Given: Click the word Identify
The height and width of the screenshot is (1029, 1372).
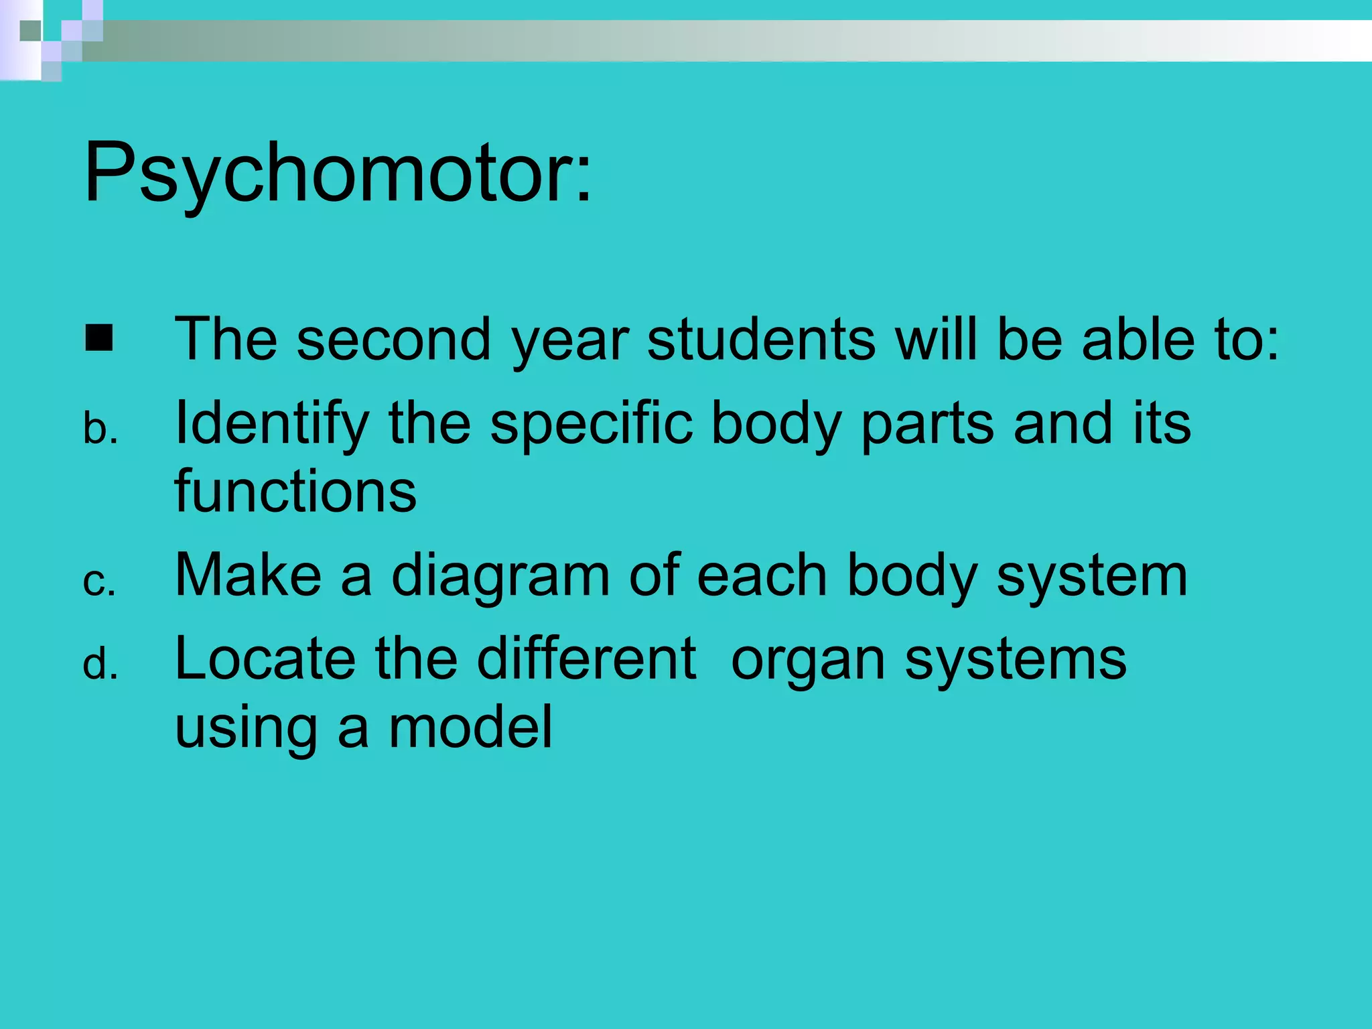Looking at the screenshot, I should point(271,423).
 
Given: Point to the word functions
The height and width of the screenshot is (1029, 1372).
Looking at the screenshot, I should point(295,491).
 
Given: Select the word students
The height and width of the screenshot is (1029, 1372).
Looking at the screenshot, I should point(761,339).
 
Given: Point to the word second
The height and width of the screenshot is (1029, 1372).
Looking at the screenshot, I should point(393,339).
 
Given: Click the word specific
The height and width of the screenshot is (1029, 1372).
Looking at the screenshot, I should point(591,423).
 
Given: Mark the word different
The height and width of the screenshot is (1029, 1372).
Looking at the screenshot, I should point(586,659).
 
